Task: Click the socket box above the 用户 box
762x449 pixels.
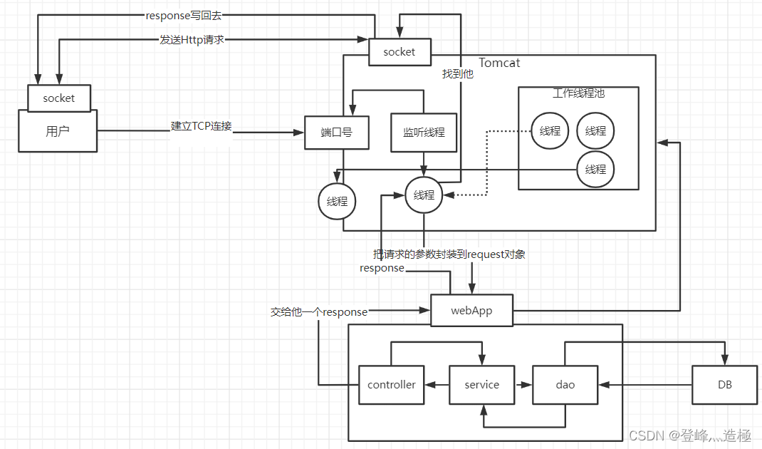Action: pos(59,98)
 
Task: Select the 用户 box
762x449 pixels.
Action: pos(58,131)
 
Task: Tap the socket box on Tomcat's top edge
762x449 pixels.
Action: pos(400,52)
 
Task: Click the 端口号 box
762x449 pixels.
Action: pos(337,133)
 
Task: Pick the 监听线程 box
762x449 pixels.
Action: pos(424,133)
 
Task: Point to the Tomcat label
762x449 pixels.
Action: pos(499,63)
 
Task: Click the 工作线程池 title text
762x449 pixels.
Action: pos(578,93)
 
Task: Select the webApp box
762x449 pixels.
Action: pos(471,310)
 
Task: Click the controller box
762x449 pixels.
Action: pos(391,385)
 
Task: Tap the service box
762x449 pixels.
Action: pos(481,385)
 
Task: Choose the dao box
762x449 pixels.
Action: pos(565,385)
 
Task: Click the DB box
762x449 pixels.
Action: pos(724,385)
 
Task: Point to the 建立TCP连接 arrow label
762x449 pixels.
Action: pos(202,126)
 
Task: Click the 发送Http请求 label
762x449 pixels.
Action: pos(192,39)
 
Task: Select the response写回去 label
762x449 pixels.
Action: pos(184,16)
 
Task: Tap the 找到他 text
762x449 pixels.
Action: pos(457,74)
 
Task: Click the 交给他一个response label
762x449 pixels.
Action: pos(319,312)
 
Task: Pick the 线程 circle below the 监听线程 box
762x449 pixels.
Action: pos(424,195)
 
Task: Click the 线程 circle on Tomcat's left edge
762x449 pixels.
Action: pos(337,202)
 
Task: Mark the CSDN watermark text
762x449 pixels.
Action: pos(690,435)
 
